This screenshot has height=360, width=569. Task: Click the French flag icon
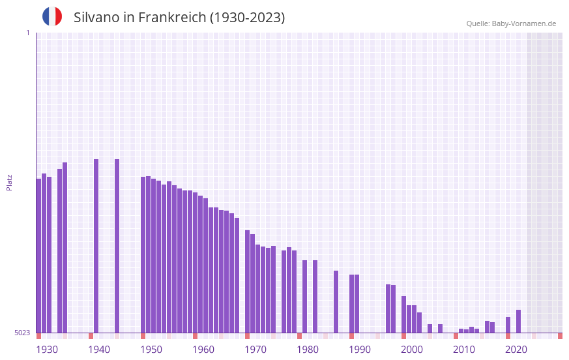click(52, 16)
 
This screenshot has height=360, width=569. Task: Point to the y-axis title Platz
click(9, 182)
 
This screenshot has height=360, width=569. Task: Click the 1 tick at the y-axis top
click(27, 33)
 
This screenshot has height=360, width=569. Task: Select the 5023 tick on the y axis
click(23, 333)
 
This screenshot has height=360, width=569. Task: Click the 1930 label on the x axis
click(47, 350)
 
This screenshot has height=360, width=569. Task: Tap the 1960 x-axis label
click(203, 350)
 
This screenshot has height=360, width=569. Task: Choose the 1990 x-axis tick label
click(360, 350)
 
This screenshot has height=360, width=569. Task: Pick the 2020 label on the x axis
click(516, 350)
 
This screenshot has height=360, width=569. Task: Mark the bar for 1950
click(143, 254)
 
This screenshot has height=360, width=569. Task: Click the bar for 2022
click(518, 321)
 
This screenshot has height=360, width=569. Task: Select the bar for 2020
click(508, 325)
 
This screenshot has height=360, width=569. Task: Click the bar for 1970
click(247, 281)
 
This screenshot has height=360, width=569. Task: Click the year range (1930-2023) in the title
click(248, 18)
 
